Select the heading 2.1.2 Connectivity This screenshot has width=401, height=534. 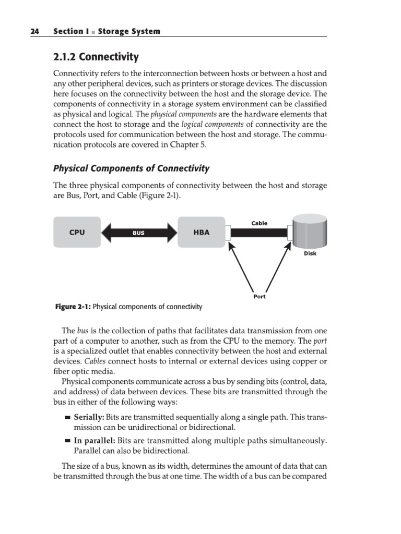coord(97,57)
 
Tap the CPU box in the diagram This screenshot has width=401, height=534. coord(77,233)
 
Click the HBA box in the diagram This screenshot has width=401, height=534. coord(201,233)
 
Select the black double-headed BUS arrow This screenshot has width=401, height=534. coord(138,233)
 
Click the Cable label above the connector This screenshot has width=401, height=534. coord(259,223)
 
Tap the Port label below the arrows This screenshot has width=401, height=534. coord(259,296)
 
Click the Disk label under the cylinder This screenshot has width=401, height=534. coord(310,254)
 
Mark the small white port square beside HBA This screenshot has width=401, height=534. coord(228,233)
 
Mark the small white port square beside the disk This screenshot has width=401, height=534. coord(290,233)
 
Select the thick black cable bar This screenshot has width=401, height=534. coord(258,233)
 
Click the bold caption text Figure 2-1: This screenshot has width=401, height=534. coord(73,307)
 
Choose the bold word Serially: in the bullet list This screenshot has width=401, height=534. coord(90,417)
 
